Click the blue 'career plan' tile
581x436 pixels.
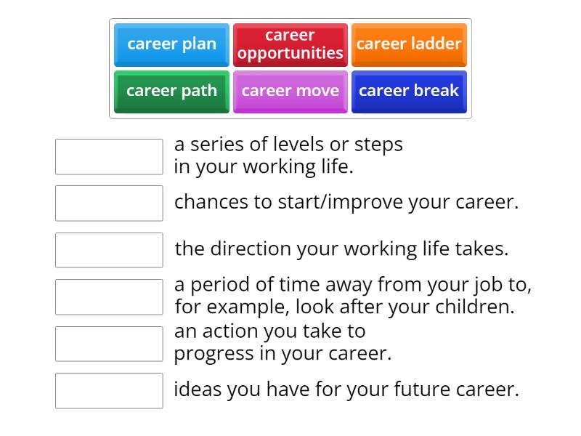click(171, 44)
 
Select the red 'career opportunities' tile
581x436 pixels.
click(290, 44)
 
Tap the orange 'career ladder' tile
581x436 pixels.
click(409, 44)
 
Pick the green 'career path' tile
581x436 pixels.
click(171, 91)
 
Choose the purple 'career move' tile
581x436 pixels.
click(290, 91)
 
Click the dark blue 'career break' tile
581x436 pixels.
click(409, 91)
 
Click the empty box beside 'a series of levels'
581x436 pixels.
click(109, 157)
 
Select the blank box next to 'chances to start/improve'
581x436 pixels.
click(109, 203)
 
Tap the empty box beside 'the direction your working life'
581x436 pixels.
click(109, 250)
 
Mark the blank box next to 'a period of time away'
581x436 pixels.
click(109, 296)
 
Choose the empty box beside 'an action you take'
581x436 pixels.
click(109, 344)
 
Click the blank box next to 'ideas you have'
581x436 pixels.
click(109, 390)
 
